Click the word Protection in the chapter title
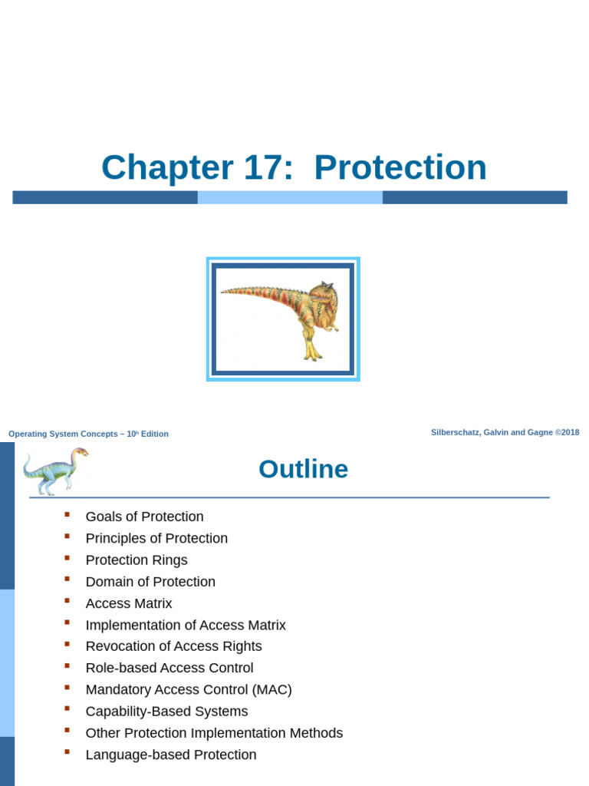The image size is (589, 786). click(x=400, y=167)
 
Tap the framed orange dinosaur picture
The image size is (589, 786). click(x=283, y=319)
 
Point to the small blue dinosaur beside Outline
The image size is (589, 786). click(x=54, y=470)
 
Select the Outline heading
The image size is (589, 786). click(x=303, y=469)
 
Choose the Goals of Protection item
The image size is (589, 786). click(x=144, y=517)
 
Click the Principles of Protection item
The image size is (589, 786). click(x=156, y=538)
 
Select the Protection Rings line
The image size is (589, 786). click(x=137, y=560)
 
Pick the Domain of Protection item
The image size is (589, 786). click(x=150, y=582)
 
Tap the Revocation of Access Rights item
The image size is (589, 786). click(x=173, y=646)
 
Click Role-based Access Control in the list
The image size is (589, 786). click(x=169, y=668)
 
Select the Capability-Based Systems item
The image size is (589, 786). click(x=166, y=712)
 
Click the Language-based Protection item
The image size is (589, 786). click(x=171, y=755)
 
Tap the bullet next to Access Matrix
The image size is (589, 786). click(x=67, y=601)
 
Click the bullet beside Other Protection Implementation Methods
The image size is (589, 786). click(x=67, y=731)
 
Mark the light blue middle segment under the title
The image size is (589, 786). click(x=290, y=197)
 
